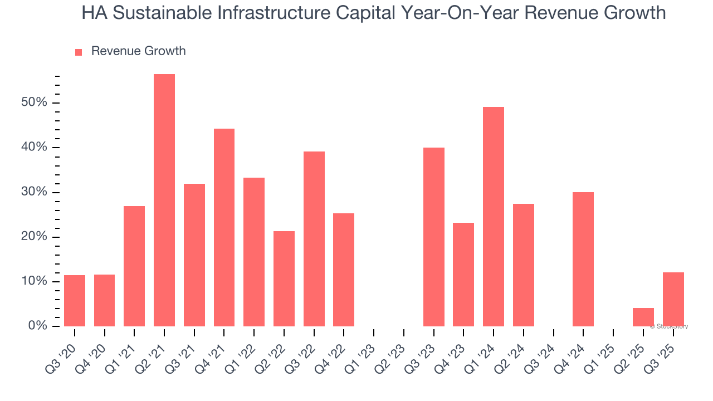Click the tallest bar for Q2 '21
164,200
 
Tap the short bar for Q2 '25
643,317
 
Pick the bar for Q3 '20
75,301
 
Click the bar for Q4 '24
583,259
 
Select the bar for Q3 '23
434,237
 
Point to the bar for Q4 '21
224,227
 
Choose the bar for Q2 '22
284,278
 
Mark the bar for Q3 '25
673,299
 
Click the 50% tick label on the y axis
35,103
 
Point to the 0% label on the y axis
37,326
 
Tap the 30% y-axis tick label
35,193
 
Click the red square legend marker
79,52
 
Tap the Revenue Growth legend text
138,51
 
